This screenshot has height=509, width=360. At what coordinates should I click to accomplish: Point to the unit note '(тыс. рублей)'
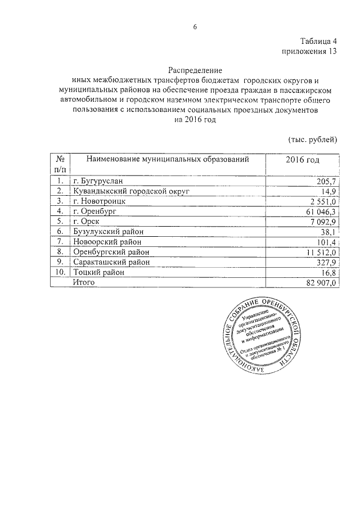[x=312, y=139]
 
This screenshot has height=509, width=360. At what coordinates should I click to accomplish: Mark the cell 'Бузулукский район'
[x=108, y=231]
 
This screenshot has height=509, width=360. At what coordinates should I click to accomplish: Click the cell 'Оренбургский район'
[x=111, y=252]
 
